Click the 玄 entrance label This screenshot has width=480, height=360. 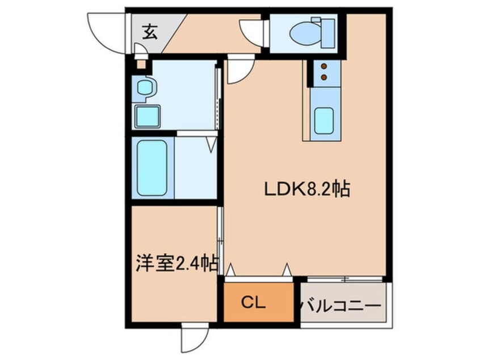(150, 32)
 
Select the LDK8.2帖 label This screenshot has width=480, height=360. (307, 190)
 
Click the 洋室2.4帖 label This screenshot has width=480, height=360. (177, 263)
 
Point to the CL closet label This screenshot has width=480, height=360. (253, 303)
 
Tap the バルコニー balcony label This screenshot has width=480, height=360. (342, 305)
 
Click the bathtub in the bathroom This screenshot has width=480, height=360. (152, 168)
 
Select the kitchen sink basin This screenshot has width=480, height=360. (324, 121)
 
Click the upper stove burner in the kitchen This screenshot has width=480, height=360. (324, 66)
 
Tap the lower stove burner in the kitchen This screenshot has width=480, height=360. (324, 77)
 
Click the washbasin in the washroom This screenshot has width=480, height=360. (145, 87)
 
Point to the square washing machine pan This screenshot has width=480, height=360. (148, 116)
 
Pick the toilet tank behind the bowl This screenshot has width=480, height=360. (327, 33)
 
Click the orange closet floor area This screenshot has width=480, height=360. (259, 303)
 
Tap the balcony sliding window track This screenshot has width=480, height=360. (345, 279)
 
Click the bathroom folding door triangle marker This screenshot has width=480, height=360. (211, 145)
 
